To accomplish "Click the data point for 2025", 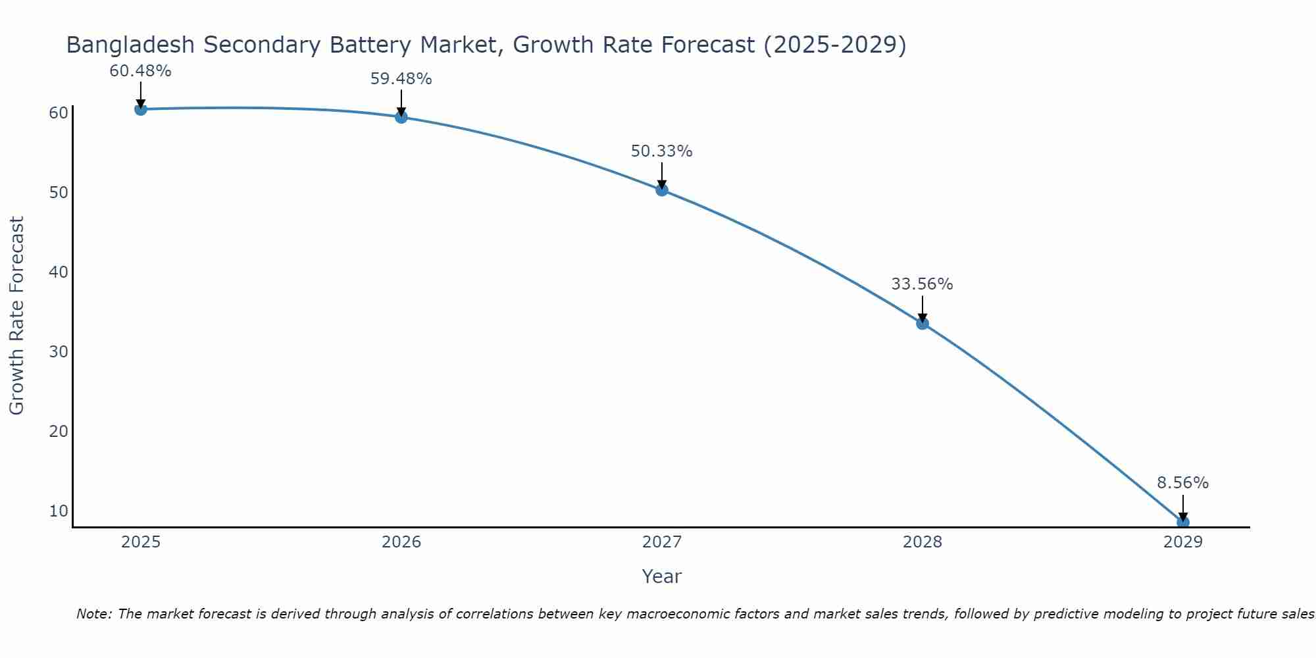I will pyautogui.click(x=140, y=109).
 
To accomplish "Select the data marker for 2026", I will pyautogui.click(x=401, y=117).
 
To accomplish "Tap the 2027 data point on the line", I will pyautogui.click(x=662, y=190).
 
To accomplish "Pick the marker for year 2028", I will pyautogui.click(x=923, y=323).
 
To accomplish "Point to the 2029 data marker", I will pyautogui.click(x=1182, y=522).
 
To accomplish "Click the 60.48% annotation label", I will pyautogui.click(x=140, y=71).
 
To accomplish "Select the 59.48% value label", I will pyautogui.click(x=401, y=79).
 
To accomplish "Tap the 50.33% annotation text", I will pyautogui.click(x=661, y=151).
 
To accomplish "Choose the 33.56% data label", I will pyautogui.click(x=922, y=284).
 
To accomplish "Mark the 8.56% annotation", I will pyautogui.click(x=1182, y=483).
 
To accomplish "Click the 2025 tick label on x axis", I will pyautogui.click(x=141, y=542).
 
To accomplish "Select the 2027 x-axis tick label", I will pyautogui.click(x=662, y=542).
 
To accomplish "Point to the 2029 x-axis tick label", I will pyautogui.click(x=1182, y=542).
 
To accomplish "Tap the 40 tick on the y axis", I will pyautogui.click(x=58, y=272).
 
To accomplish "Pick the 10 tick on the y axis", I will pyautogui.click(x=58, y=511).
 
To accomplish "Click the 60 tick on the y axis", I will pyautogui.click(x=58, y=113).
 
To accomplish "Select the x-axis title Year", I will pyautogui.click(x=661, y=576).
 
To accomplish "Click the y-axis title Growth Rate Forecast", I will pyautogui.click(x=16, y=315).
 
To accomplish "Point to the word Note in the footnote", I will pyautogui.click(x=93, y=615).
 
